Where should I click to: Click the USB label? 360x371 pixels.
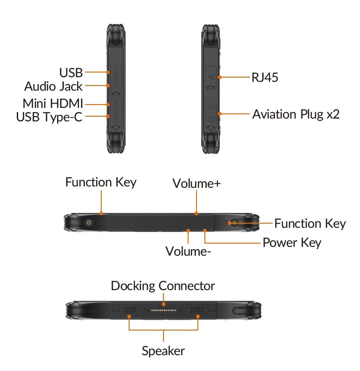(71, 73)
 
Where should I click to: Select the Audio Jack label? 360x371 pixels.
(53, 86)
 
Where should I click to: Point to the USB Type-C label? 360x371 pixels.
(49, 116)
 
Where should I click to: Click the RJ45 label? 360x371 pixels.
(265, 77)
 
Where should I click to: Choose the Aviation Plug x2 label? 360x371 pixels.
(296, 114)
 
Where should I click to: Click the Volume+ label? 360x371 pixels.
(196, 183)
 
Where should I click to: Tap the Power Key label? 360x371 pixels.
(292, 243)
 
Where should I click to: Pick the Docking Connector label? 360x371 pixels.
(163, 285)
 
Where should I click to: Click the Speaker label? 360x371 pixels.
(163, 351)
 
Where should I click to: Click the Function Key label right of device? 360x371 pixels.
(310, 224)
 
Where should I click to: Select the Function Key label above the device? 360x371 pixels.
(101, 182)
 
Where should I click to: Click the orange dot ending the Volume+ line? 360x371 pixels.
(196, 214)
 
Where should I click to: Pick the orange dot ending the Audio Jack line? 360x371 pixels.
(108, 86)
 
